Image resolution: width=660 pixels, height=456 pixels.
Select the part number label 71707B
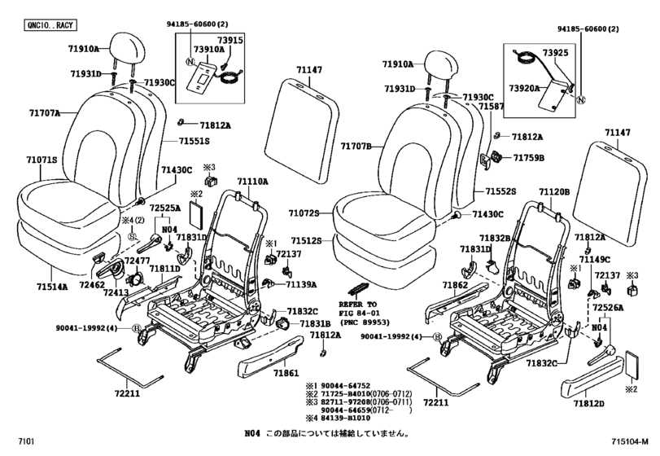coord(355,147)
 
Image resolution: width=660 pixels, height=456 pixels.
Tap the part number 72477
coord(115,259)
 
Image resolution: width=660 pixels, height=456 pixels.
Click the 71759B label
coord(528,156)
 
